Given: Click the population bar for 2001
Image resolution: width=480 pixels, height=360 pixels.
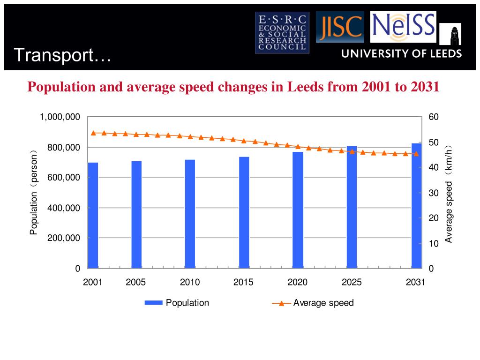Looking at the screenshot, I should pyautogui.click(x=93, y=215).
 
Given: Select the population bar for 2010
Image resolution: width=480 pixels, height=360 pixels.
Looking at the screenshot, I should pyautogui.click(x=190, y=214).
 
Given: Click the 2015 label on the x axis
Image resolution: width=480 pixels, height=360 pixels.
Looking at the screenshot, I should pyautogui.click(x=243, y=282).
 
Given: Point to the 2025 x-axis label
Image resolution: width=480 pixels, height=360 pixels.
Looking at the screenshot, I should pyautogui.click(x=352, y=282).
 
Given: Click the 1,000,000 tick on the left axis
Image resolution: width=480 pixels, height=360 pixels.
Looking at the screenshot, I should pyautogui.click(x=60, y=117).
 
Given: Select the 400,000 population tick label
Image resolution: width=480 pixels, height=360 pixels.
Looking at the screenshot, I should pyautogui.click(x=64, y=208).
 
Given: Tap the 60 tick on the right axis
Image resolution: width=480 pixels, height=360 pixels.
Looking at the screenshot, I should pyautogui.click(x=433, y=117).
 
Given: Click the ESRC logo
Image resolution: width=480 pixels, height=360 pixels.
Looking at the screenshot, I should pyautogui.click(x=282, y=32).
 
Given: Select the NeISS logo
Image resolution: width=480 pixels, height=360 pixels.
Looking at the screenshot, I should pyautogui.click(x=403, y=27).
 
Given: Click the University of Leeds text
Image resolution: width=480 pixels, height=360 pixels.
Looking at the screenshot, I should pyautogui.click(x=401, y=53).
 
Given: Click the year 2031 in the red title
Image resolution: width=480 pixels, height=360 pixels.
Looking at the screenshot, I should pyautogui.click(x=425, y=87).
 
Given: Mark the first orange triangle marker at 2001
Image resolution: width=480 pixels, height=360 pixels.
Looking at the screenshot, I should pyautogui.click(x=93, y=133).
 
